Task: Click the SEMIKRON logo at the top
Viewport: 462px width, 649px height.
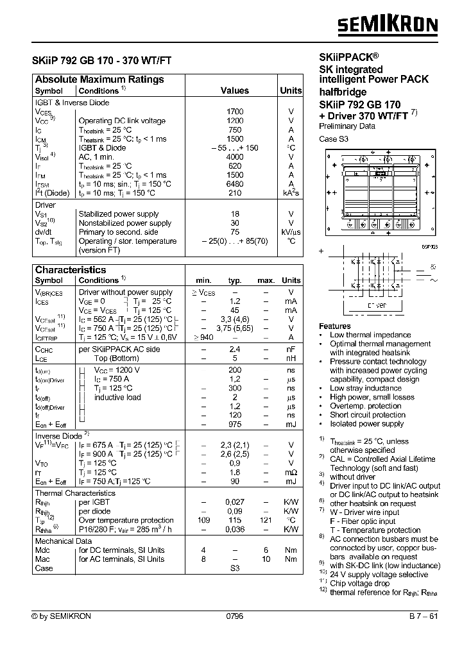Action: (388, 25)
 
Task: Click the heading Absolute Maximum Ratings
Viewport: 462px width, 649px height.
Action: (99, 80)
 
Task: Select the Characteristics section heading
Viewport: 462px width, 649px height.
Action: (71, 270)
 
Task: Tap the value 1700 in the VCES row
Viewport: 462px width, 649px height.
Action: (235, 112)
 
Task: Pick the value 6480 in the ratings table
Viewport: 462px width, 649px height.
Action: (235, 183)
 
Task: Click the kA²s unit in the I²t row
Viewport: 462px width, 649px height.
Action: (291, 192)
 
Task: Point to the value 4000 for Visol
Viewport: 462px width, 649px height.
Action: (235, 156)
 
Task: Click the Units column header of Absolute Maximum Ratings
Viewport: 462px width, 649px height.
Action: (291, 91)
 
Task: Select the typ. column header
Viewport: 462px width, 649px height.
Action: (235, 281)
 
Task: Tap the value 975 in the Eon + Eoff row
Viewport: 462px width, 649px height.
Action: (235, 425)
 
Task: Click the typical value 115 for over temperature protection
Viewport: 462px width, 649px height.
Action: (235, 520)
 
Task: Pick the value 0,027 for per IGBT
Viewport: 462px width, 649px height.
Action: (235, 502)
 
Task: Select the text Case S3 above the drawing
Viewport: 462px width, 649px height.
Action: (333, 139)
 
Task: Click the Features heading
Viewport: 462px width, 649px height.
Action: (335, 326)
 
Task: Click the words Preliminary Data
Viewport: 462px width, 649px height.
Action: (347, 126)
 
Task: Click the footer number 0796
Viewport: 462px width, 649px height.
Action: (235, 616)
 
